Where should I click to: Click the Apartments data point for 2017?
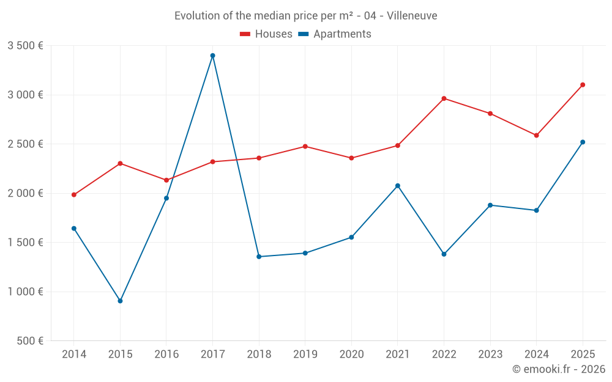tap(212, 56)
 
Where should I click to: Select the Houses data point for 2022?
tap(444, 98)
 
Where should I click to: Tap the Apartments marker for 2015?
tap(120, 301)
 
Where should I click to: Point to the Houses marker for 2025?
tap(583, 85)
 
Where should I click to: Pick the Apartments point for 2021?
tap(398, 186)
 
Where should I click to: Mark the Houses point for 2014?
tap(74, 195)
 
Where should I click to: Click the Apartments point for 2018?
tap(259, 257)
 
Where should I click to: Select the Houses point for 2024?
tap(536, 135)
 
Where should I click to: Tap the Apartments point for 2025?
tap(583, 142)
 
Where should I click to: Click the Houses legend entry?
tap(266, 34)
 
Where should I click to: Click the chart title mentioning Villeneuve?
tap(306, 16)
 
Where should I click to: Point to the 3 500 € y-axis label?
tap(25, 46)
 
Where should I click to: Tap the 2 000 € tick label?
tap(25, 193)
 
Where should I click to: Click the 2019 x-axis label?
tap(305, 354)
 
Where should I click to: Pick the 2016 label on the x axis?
tap(166, 354)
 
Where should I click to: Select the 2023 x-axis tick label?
tap(490, 354)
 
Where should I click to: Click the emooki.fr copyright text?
tap(559, 369)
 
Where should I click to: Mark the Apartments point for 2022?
tap(444, 254)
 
